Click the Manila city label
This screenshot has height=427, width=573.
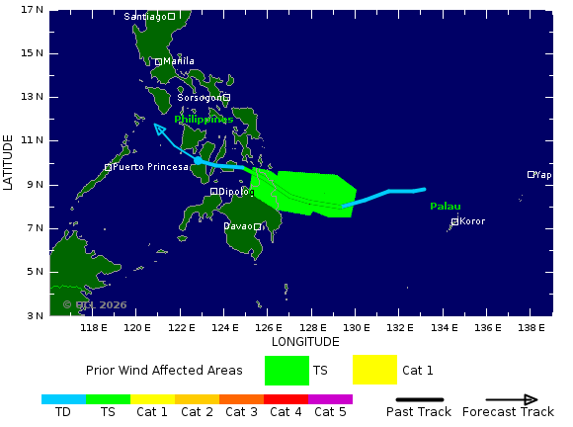[179, 61]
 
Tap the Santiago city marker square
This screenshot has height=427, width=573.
[171, 16]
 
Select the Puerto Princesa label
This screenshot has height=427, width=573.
[150, 167]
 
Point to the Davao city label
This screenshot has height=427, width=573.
[238, 226]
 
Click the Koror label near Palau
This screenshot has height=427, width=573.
[473, 221]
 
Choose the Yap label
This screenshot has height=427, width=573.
[543, 175]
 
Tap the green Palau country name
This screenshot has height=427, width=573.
[446, 206]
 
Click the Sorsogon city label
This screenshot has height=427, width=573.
[201, 98]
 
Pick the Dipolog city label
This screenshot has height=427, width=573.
[236, 192]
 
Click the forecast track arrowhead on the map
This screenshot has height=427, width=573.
[158, 128]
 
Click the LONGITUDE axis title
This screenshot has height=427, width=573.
[304, 342]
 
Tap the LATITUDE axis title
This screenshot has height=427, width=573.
[9, 163]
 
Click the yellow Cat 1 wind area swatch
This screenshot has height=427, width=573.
[374, 370]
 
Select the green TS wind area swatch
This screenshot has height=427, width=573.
[286, 370]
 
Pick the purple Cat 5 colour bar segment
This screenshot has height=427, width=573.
[330, 399]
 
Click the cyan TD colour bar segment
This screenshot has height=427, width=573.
[63, 399]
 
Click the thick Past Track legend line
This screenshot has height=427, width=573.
[418, 399]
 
